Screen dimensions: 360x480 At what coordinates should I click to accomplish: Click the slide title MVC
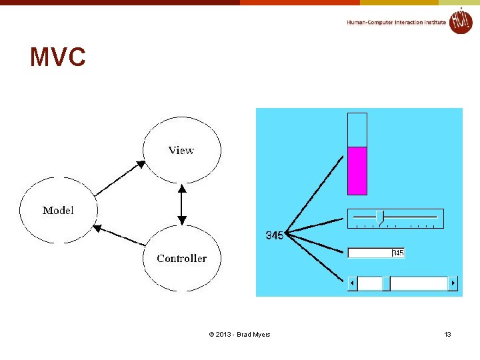[58, 58]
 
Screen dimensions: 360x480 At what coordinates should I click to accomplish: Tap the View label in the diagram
[181, 151]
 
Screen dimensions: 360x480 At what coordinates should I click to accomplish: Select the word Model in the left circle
[58, 211]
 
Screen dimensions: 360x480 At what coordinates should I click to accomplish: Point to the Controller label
[181, 259]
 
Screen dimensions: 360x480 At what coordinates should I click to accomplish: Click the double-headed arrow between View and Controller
[181, 205]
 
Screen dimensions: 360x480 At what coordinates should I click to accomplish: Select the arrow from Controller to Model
[119, 235]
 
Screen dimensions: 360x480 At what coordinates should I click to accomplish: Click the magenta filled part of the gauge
[357, 171]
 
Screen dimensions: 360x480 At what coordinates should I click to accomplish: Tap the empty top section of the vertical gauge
[357, 129]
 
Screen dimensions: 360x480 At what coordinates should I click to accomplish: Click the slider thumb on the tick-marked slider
[380, 217]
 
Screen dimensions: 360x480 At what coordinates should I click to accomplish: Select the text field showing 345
[376, 253]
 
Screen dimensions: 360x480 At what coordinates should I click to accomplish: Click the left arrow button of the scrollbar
[353, 283]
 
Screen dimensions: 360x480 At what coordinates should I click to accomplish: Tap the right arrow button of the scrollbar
[453, 283]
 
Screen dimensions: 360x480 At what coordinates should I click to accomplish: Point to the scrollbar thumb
[386, 283]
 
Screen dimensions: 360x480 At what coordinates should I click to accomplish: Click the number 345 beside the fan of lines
[274, 235]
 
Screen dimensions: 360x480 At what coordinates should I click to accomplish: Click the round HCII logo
[460, 21]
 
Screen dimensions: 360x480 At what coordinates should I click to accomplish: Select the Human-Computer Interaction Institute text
[396, 23]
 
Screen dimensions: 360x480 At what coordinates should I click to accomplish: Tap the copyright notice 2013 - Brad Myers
[239, 334]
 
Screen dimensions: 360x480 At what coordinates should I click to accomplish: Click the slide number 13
[447, 334]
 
